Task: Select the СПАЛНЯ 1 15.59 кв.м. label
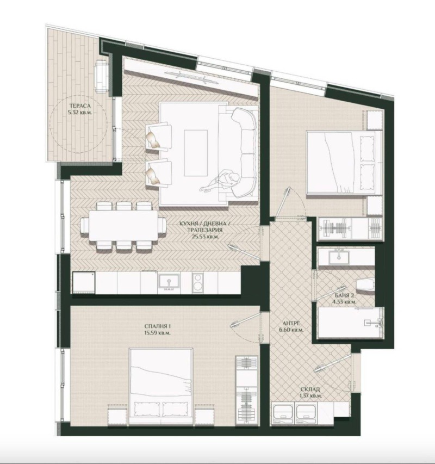pos(155,329)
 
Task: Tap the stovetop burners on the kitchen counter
pos(199,282)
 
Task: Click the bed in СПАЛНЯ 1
pos(161,384)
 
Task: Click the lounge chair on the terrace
pos(102,76)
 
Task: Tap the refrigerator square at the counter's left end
pos(84,283)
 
